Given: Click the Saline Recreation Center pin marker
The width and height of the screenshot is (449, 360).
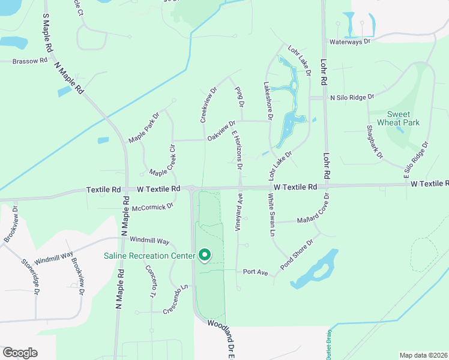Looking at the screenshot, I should [x=204, y=256].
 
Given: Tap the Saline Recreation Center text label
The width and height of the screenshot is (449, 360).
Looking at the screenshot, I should [x=149, y=256].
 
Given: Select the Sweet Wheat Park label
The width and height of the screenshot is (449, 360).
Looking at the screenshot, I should [x=394, y=118].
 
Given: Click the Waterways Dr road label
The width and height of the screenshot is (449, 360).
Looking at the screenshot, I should [x=352, y=42].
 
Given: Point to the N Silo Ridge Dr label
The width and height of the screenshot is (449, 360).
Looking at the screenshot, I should [x=352, y=97].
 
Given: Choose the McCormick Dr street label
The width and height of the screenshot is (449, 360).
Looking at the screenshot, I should [x=152, y=206].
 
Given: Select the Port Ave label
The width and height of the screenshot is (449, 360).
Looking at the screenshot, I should [x=255, y=272].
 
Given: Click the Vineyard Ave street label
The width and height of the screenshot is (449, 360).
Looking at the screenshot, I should [x=238, y=211].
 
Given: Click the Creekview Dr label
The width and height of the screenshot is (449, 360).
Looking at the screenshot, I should [x=208, y=104].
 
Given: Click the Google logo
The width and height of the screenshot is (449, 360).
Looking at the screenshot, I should [x=20, y=353].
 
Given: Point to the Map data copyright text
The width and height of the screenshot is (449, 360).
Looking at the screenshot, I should [x=423, y=355].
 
